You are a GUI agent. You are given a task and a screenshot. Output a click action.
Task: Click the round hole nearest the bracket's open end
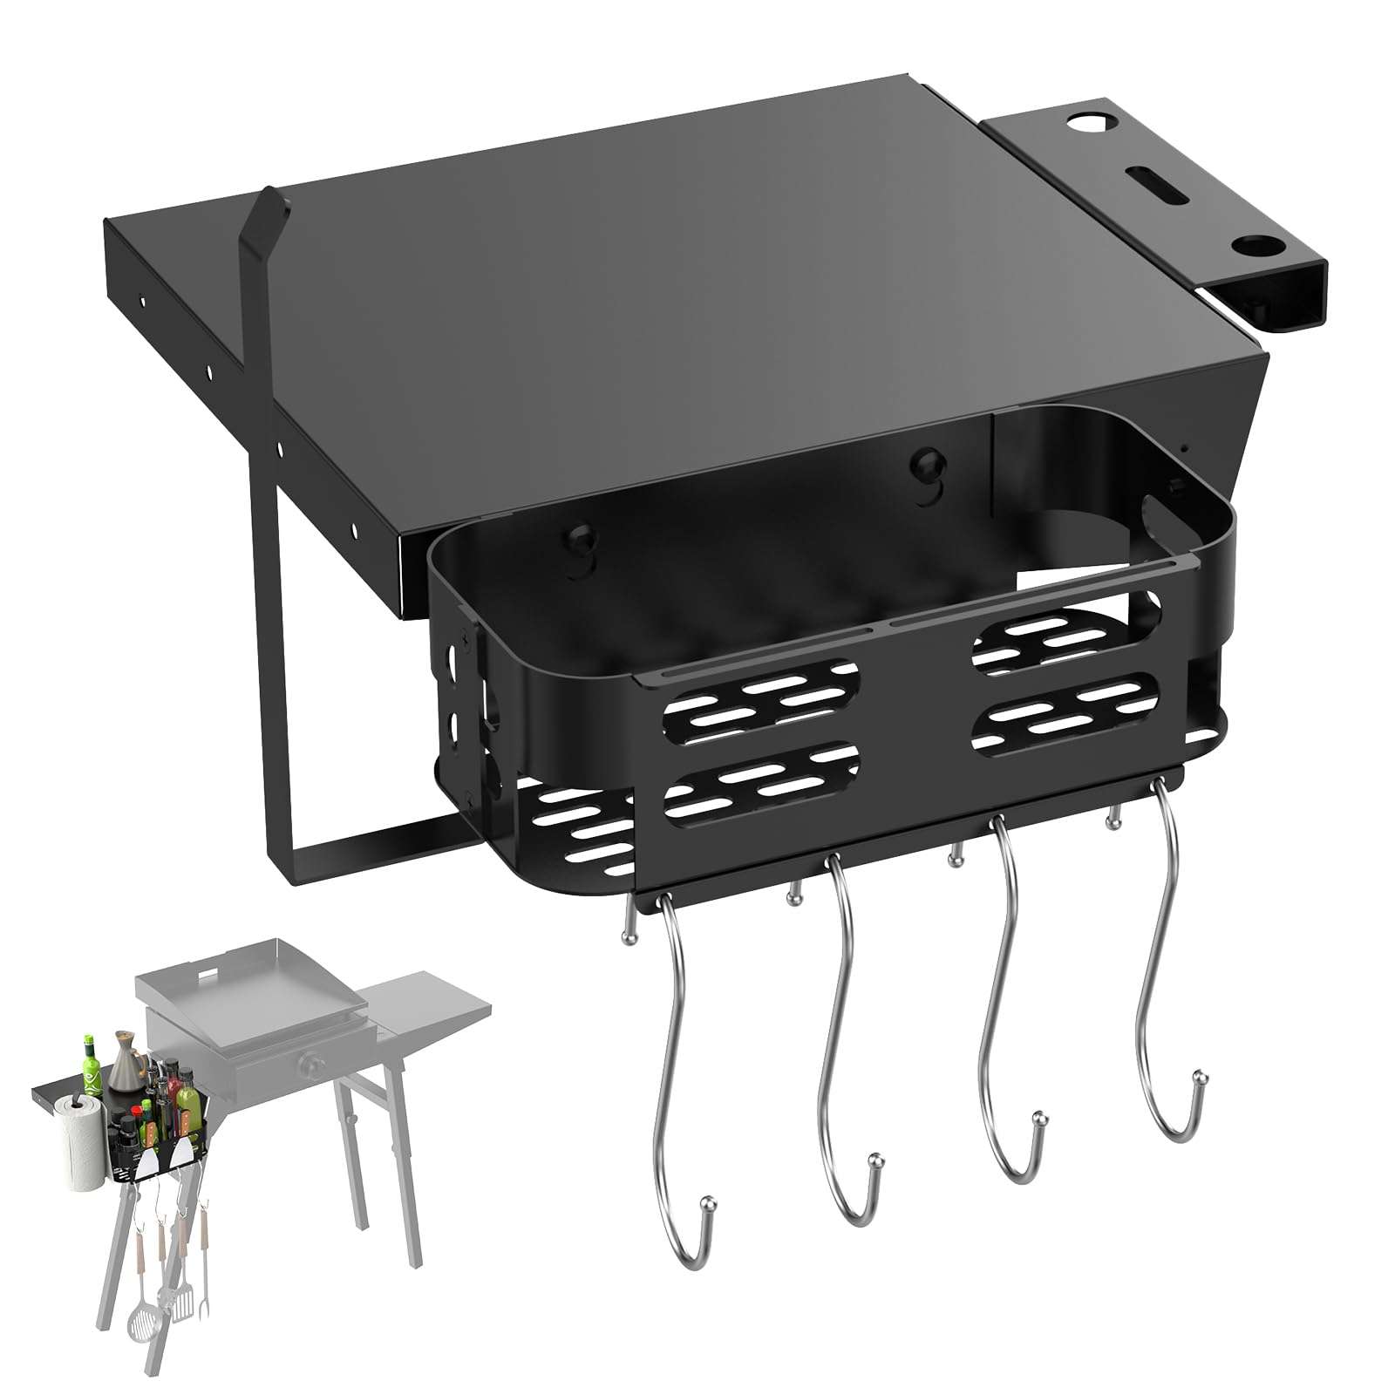coord(1249,244)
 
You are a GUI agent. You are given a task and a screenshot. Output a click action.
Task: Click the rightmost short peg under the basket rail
coord(1113,820)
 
